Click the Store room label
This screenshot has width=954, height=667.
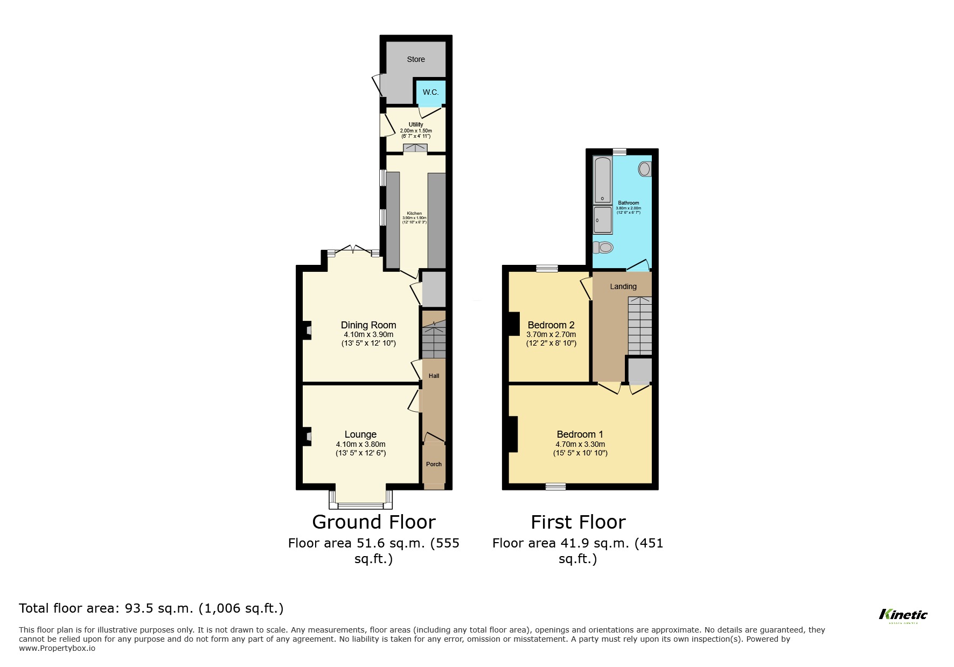[x=415, y=59]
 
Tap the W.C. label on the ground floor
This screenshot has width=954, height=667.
[x=430, y=92]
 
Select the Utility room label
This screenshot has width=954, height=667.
[x=415, y=124]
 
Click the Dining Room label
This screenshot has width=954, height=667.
[x=368, y=325]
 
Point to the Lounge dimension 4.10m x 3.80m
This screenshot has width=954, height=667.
[x=360, y=444]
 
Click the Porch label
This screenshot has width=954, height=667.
[x=434, y=464]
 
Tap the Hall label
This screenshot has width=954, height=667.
[x=434, y=376]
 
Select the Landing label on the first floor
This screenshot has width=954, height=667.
[x=623, y=286]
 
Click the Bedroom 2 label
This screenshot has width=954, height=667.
[x=551, y=325]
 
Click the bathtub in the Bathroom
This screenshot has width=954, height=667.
[x=603, y=180]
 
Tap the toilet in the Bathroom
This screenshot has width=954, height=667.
[x=603, y=248]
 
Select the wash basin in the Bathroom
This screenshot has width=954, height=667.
[x=644, y=169]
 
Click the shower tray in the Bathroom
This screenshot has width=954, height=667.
[x=603, y=220]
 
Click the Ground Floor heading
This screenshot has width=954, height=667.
[x=373, y=522]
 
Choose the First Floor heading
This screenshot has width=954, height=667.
[x=577, y=522]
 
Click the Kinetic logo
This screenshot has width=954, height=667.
[x=903, y=615]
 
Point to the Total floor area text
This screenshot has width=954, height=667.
[x=151, y=608]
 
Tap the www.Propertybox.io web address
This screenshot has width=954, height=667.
[x=57, y=648]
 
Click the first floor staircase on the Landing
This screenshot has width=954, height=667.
[x=639, y=325]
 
